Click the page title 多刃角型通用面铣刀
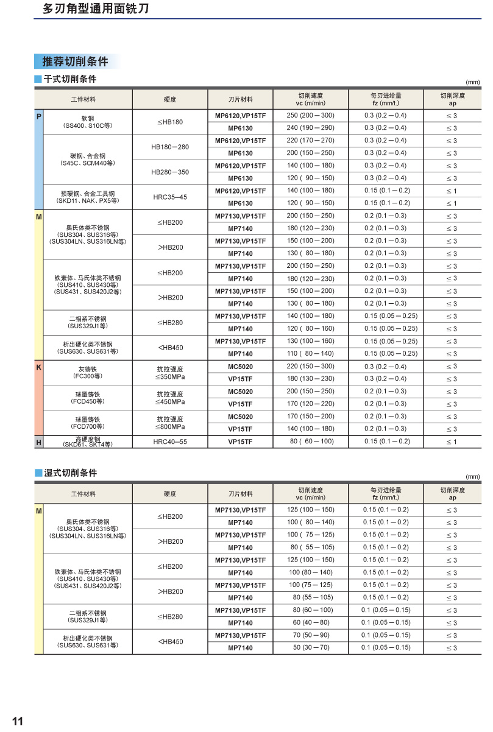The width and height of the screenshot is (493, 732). pos(96,9)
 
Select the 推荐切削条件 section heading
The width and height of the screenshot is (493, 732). pos(75,62)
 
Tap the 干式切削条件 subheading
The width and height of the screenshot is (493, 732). pos(70,79)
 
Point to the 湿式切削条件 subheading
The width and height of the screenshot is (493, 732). pos(70,473)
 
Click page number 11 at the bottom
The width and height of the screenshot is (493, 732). pos(17,722)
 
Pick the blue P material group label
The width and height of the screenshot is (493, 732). pos(38,115)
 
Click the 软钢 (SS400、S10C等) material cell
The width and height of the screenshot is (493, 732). pos(88,122)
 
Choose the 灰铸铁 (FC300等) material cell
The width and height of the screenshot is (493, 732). pos(88,373)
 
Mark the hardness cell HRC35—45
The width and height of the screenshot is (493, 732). pos(169,197)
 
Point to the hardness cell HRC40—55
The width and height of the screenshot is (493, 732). pos(169,442)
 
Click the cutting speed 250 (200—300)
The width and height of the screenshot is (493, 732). pos(310,115)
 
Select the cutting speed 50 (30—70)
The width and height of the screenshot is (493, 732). pos(310,647)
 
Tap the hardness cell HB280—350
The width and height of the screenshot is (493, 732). pos(169,172)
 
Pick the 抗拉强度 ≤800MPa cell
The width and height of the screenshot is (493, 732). pos(169,423)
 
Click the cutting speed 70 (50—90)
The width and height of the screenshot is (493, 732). pos(310,635)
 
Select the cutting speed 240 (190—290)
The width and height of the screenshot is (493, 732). pos(310,128)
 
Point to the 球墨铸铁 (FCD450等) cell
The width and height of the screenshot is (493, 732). pos(88,398)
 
